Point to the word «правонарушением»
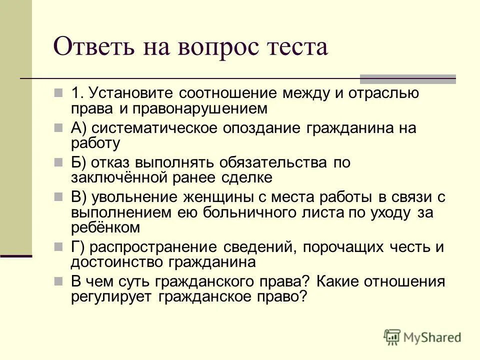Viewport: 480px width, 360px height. (197, 108)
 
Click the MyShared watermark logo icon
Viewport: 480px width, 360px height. (392, 336)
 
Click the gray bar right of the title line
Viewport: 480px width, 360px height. (408, 78)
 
